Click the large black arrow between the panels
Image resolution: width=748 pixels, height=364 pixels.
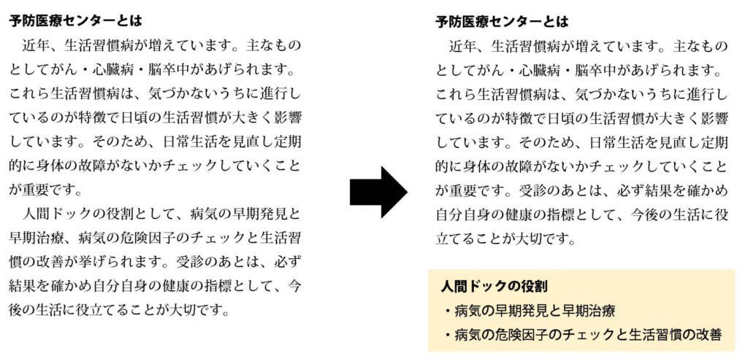pyautogui.click(x=378, y=192)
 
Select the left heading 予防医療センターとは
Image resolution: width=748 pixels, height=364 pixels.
pyautogui.click(x=75, y=21)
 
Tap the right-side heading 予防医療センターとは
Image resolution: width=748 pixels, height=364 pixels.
pyautogui.click(x=503, y=22)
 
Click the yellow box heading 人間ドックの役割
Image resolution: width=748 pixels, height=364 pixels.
pyautogui.click(x=495, y=287)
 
